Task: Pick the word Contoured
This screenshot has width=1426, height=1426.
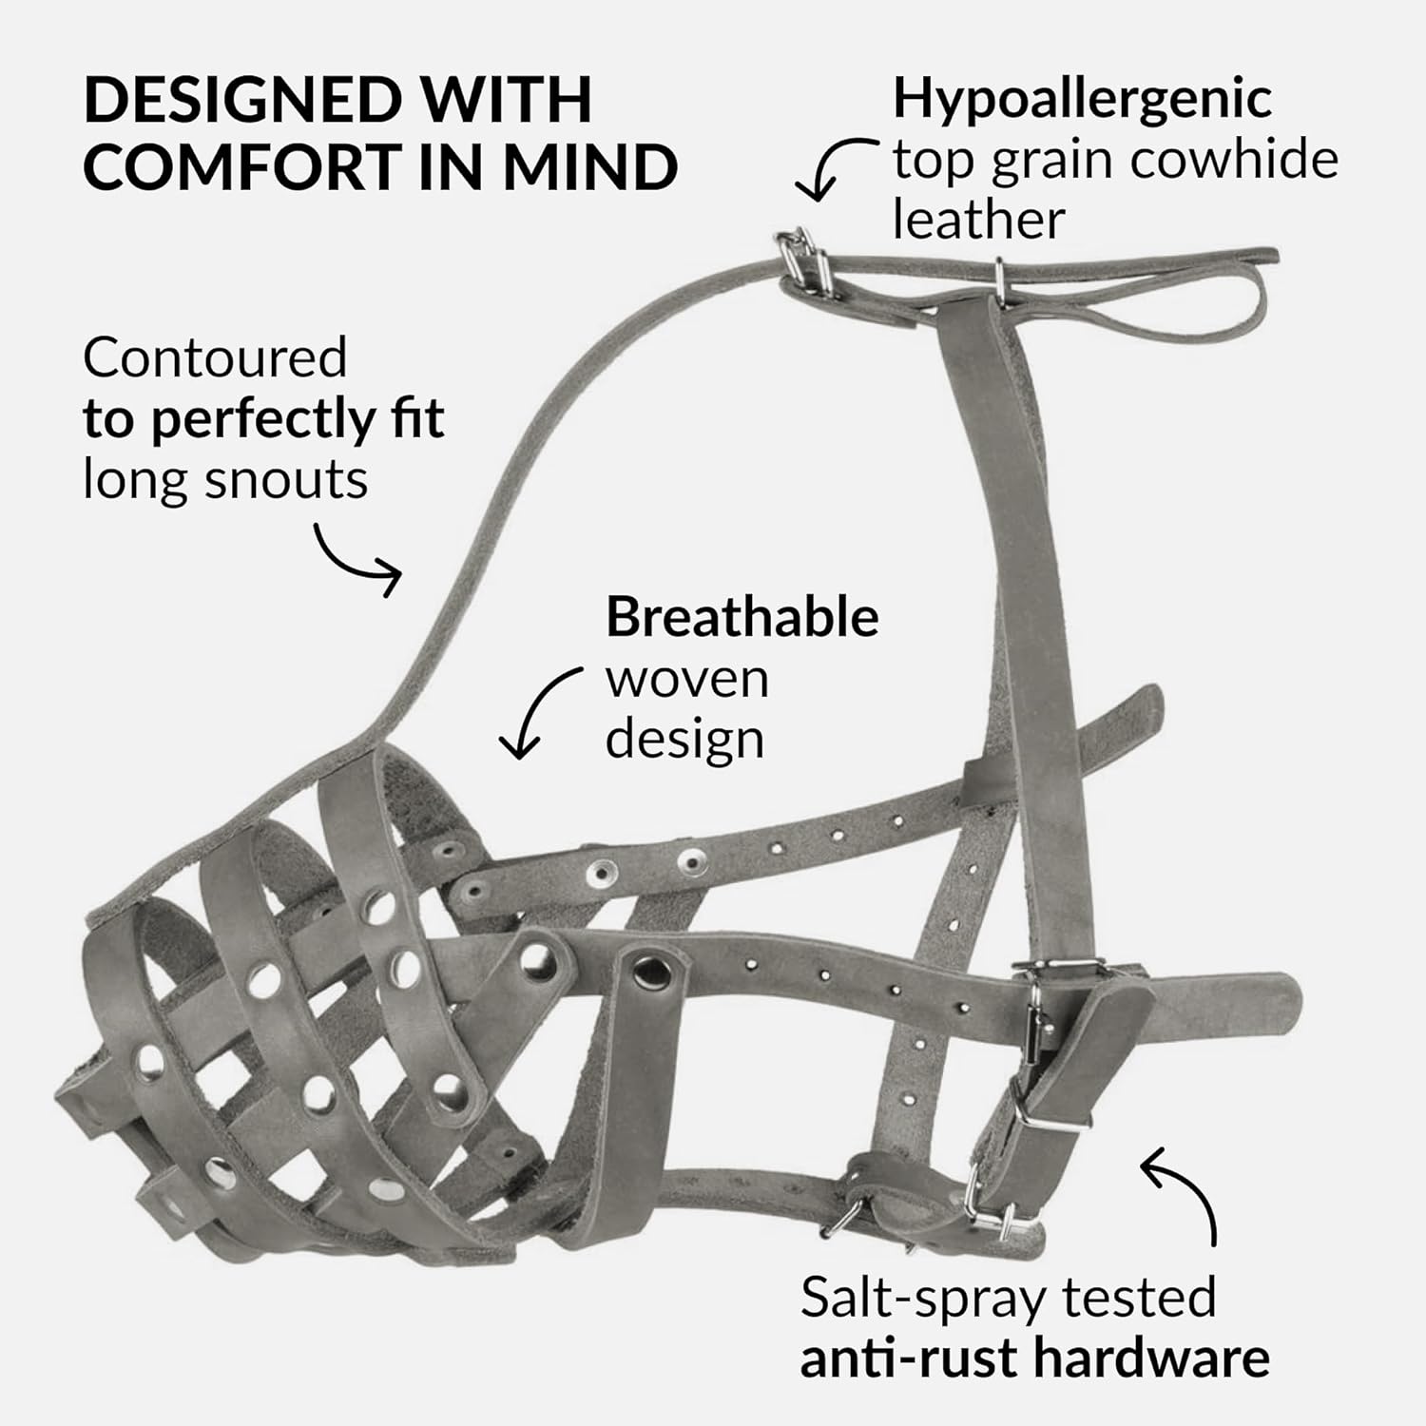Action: [x=215, y=358]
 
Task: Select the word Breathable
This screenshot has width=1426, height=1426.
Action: [x=742, y=618]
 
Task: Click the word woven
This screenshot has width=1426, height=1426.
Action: [x=686, y=679]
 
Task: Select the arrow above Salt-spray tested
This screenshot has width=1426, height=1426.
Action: [x=1182, y=1189]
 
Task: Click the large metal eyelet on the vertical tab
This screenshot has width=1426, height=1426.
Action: [x=651, y=971]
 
